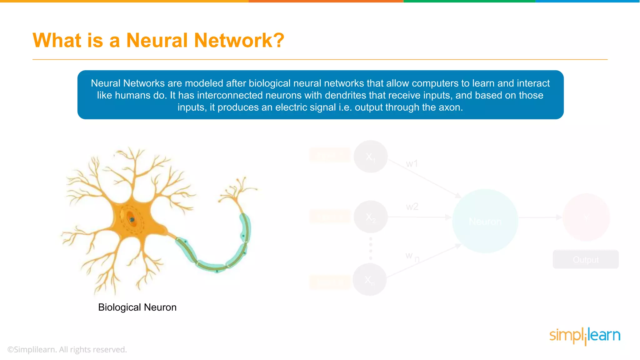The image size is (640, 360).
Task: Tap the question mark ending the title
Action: coord(278,41)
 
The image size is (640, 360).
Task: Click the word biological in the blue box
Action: coord(268,83)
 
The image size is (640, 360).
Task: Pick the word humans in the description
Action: coord(132,95)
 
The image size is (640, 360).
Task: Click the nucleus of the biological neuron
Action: coord(132,219)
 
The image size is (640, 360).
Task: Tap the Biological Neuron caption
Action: coord(137,307)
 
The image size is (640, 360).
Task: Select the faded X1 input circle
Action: coord(370,157)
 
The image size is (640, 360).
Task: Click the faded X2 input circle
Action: coord(371,217)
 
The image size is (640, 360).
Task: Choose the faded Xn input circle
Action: coord(369,279)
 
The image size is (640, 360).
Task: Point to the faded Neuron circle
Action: coord(485,221)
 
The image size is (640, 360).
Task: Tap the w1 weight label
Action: coord(412,163)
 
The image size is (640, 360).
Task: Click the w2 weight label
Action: coord(412,207)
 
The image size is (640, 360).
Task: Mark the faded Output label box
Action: coord(586,259)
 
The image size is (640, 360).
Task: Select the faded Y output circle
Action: coord(586,217)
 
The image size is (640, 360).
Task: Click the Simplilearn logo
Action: coord(585,336)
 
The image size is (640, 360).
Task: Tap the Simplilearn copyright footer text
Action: coord(67,349)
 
